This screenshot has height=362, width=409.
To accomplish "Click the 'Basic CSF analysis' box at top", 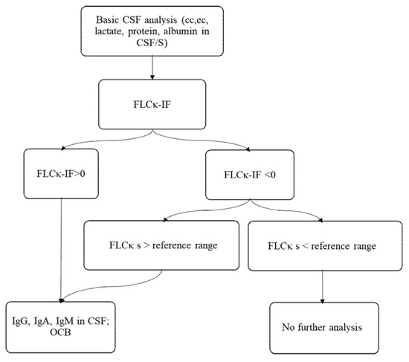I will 152,30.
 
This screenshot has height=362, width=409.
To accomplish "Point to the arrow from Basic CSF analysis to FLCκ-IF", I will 152,68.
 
